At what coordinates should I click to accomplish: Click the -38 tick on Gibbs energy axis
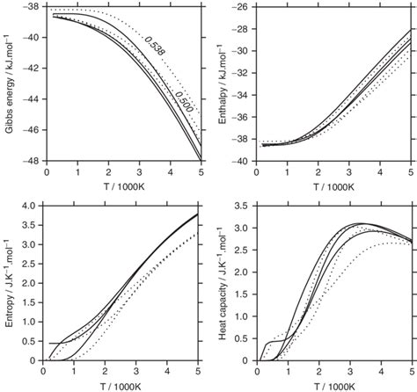point(32,7)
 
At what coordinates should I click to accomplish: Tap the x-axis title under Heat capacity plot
point(340,386)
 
